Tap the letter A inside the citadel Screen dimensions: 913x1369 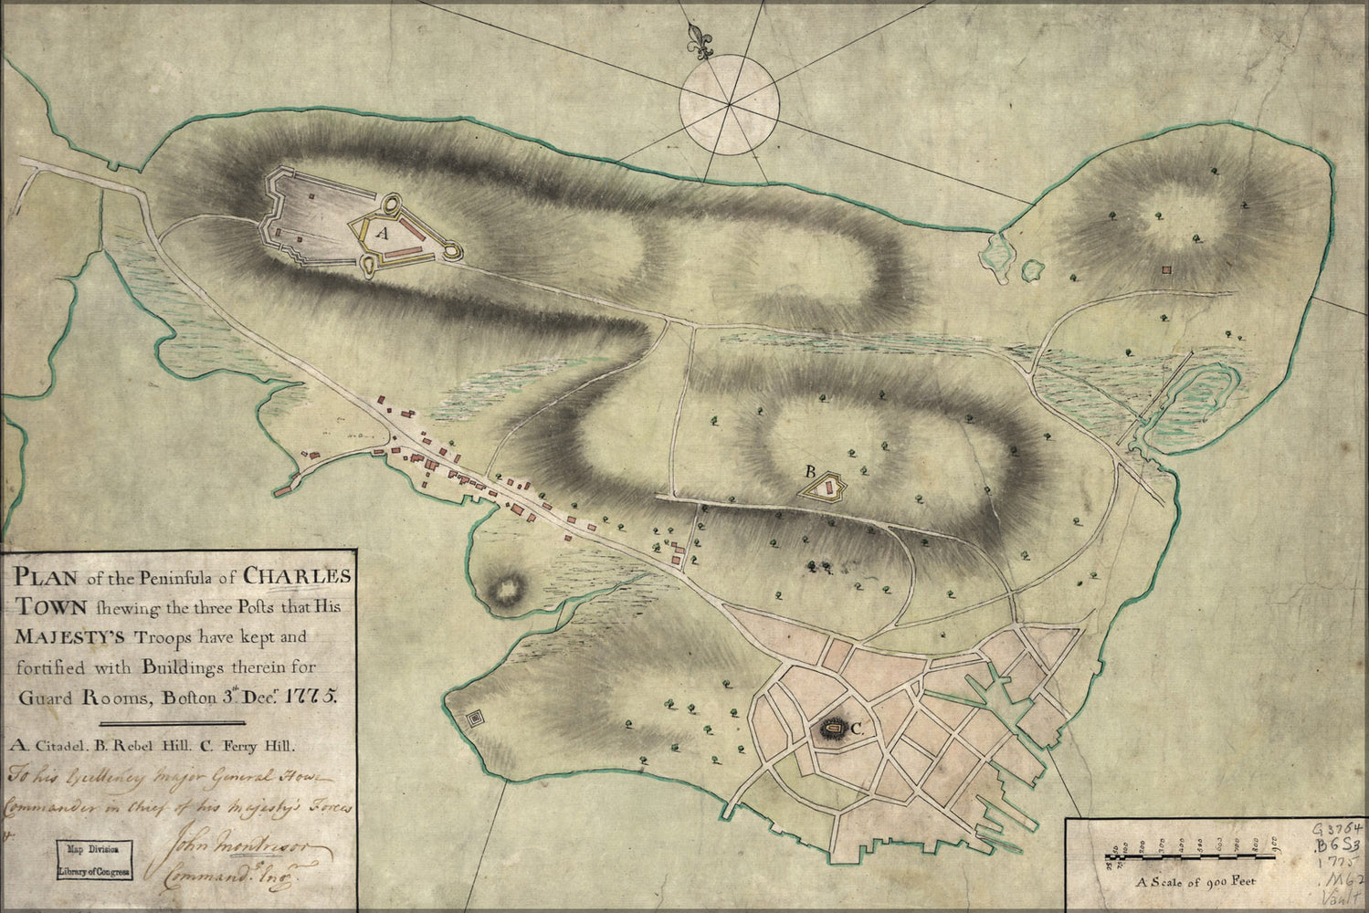tap(383, 234)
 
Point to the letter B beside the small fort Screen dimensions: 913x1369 tap(808, 472)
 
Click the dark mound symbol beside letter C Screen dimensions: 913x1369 tap(830, 729)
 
